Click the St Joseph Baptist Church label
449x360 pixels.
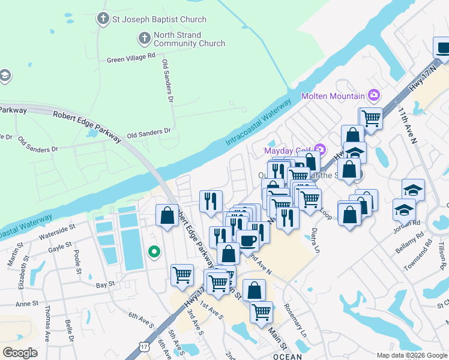click(159, 19)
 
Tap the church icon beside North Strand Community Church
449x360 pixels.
click(144, 39)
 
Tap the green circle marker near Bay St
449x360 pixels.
click(154, 253)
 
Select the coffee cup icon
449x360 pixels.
click(247, 241)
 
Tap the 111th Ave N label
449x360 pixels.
click(407, 127)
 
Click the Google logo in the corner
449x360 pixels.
click(20, 352)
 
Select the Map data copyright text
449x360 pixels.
click(411, 355)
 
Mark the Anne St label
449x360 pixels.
click(26, 304)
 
